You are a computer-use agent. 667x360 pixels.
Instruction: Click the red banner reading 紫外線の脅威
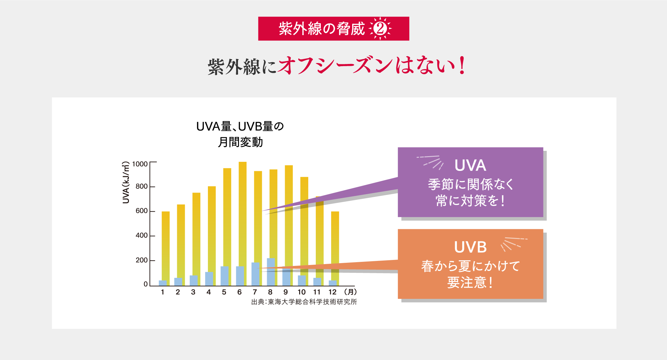pyautogui.click(x=321, y=29)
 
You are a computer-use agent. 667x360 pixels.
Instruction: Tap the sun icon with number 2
pyautogui.click(x=380, y=29)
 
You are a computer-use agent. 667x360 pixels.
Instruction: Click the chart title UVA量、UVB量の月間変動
pyautogui.click(x=240, y=134)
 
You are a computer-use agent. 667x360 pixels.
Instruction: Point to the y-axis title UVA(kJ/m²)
pyautogui.click(x=126, y=183)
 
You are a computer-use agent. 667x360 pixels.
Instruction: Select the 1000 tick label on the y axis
pyautogui.click(x=140, y=164)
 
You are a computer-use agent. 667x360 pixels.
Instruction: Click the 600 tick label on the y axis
pyautogui.click(x=141, y=211)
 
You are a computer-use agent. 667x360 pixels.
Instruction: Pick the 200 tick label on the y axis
pyautogui.click(x=141, y=260)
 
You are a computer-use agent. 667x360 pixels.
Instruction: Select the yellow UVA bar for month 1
pyautogui.click(x=166, y=245)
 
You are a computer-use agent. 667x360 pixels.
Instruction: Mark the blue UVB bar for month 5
pyautogui.click(x=225, y=276)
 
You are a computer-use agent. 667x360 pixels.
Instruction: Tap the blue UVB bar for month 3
pyautogui.click(x=193, y=280)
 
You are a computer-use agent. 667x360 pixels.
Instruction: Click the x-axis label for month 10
pyautogui.click(x=301, y=292)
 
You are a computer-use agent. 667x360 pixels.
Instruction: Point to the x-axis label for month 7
pyautogui.click(x=255, y=292)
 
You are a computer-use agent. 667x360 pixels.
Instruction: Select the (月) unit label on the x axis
pyautogui.click(x=350, y=292)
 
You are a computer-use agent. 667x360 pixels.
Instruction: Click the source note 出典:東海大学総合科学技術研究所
pyautogui.click(x=304, y=302)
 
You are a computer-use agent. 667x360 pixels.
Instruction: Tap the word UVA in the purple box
pyautogui.click(x=470, y=165)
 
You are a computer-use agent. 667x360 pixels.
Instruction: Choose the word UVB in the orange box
pyautogui.click(x=470, y=247)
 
